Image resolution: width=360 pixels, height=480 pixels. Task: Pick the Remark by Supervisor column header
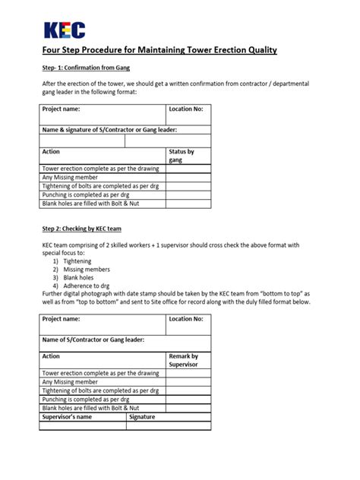click(x=183, y=360)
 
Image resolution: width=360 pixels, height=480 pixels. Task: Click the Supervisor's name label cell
click(x=68, y=417)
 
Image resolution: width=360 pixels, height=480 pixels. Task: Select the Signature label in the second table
click(x=142, y=417)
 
